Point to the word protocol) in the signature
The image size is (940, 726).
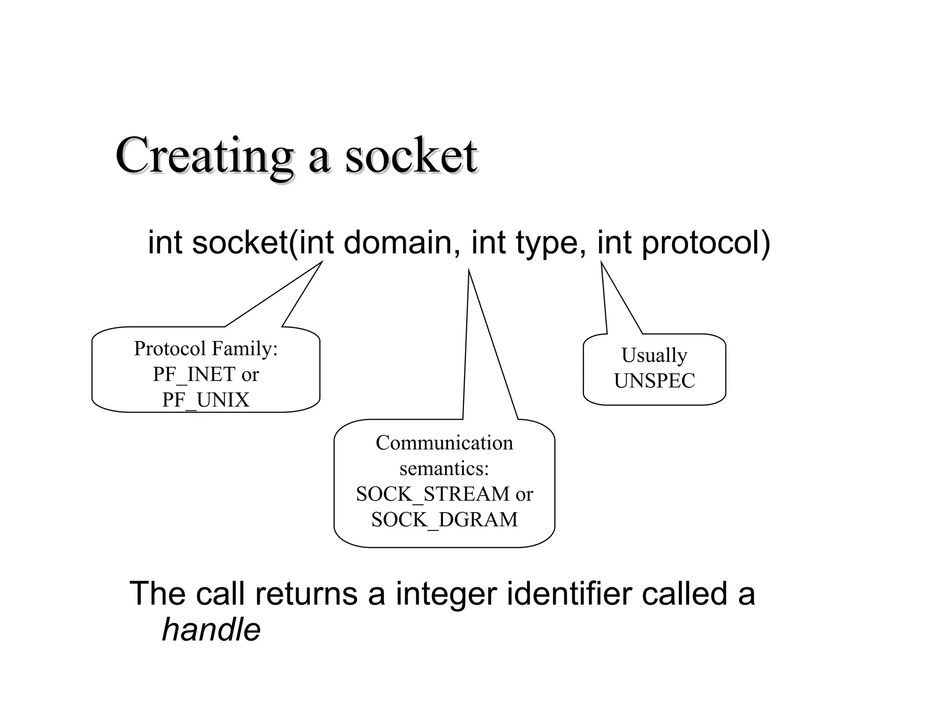coord(705,243)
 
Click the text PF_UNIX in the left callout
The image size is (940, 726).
coord(206,400)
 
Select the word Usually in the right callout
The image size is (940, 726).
coord(654,356)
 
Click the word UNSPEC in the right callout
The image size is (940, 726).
coord(655,381)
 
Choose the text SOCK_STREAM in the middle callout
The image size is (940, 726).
coord(433,494)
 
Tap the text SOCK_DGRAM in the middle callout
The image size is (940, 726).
coord(444,520)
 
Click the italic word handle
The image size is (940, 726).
coord(211,629)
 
